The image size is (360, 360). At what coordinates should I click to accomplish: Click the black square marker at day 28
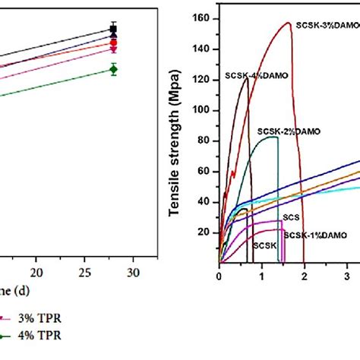click(113, 30)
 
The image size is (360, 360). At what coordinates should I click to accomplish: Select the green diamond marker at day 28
click(113, 69)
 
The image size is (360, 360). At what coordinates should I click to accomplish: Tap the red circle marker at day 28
click(113, 43)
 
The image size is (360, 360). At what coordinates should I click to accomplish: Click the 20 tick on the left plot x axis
click(36, 272)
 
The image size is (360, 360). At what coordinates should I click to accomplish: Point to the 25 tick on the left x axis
click(84, 272)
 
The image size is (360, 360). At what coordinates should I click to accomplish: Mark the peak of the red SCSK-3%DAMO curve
click(289, 22)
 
